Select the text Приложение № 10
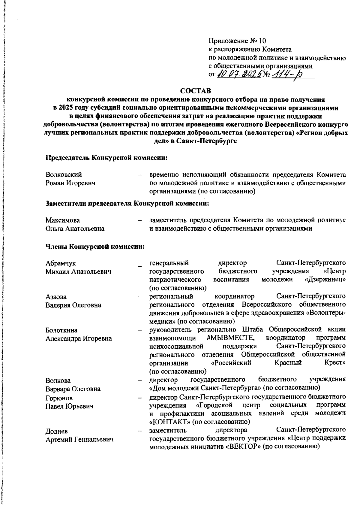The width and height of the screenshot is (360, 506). tap(237, 41)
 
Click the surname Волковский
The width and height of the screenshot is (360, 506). tap(64, 175)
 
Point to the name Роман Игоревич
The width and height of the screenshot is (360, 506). tap(70, 183)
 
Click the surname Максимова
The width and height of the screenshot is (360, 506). tap(63, 220)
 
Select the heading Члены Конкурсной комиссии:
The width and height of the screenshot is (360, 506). tap(95, 247)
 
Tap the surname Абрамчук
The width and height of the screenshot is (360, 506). tap(61, 263)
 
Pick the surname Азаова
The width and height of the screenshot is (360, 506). tap(56, 297)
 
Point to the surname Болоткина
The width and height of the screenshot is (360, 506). tap(61, 330)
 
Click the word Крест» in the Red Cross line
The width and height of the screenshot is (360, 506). tap(335, 363)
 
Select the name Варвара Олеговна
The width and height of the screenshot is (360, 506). tap(73, 389)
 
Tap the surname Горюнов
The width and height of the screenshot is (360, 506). tap(59, 398)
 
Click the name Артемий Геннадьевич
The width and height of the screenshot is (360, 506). tap(79, 440)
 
